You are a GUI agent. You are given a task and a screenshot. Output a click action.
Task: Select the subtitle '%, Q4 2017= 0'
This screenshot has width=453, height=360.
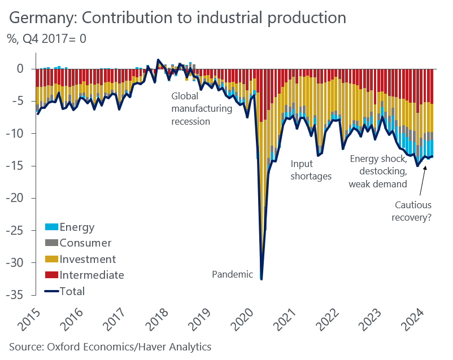pyautogui.click(x=47, y=39)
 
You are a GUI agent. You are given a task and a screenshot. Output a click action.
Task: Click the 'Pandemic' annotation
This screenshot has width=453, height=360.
pyautogui.click(x=233, y=274)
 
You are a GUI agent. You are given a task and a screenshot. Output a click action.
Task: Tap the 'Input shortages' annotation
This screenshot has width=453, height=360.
pyautogui.click(x=311, y=169)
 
